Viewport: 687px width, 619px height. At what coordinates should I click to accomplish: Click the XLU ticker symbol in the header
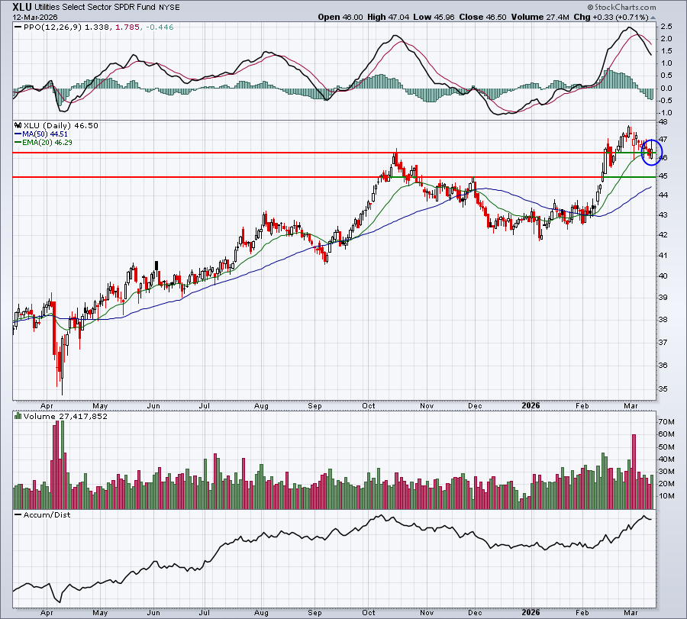tap(21, 7)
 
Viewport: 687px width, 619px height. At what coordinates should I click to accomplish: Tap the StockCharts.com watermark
tap(621, 7)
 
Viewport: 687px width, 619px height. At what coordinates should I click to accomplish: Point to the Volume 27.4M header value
tap(540, 17)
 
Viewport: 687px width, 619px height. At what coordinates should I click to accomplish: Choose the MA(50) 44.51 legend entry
tap(45, 134)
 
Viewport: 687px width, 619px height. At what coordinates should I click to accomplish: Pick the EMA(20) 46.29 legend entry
tap(47, 143)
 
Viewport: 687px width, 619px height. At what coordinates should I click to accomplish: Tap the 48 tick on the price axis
tap(663, 121)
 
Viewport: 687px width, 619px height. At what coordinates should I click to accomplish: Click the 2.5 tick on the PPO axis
tap(666, 27)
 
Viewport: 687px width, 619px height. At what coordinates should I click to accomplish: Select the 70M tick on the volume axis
tap(666, 422)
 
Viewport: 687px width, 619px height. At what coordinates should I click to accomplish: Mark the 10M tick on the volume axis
tap(666, 496)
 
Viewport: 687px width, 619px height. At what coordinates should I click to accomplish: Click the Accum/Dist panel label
tap(47, 515)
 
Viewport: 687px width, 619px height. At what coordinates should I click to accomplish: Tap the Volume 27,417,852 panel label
tap(66, 416)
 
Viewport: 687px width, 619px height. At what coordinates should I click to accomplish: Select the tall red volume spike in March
tap(634, 472)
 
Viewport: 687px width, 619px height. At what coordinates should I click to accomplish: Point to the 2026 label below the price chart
tap(531, 405)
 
